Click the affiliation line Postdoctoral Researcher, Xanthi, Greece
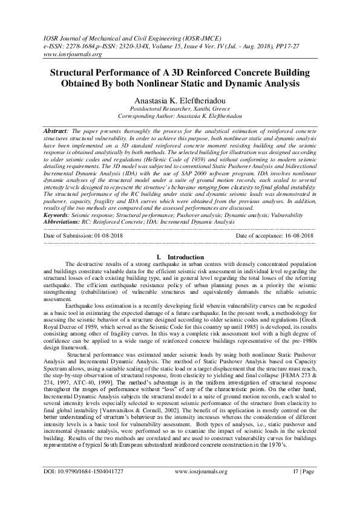[180, 108]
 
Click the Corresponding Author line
[180, 115]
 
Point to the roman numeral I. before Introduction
[159, 256]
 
